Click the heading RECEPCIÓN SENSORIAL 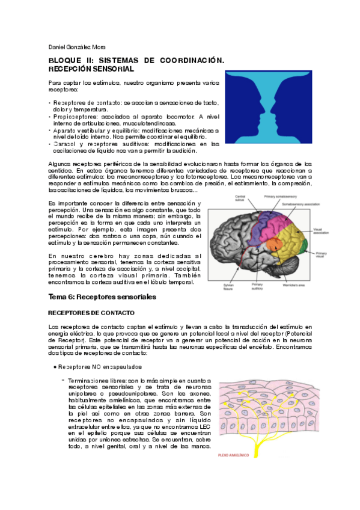pos(91,70)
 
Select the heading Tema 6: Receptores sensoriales pos(102,297)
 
